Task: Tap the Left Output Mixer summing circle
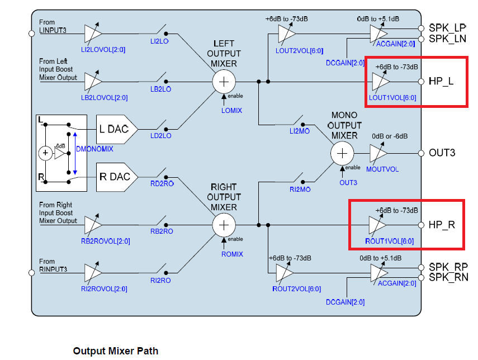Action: point(224,82)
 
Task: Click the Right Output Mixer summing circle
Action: point(224,225)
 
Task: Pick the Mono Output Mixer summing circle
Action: point(342,153)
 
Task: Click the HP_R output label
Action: point(442,225)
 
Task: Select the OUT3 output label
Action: point(442,153)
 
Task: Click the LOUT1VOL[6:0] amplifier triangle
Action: point(380,82)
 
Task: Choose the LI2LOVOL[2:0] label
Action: point(103,50)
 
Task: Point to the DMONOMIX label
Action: point(94,149)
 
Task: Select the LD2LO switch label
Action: point(160,136)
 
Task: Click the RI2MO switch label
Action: point(300,190)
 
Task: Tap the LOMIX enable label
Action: point(232,110)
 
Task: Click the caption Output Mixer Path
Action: point(115,351)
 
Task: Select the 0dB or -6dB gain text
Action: point(390,136)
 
